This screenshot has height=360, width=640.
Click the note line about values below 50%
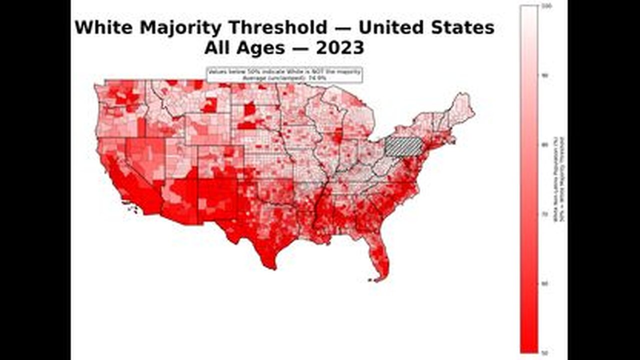tap(284, 72)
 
